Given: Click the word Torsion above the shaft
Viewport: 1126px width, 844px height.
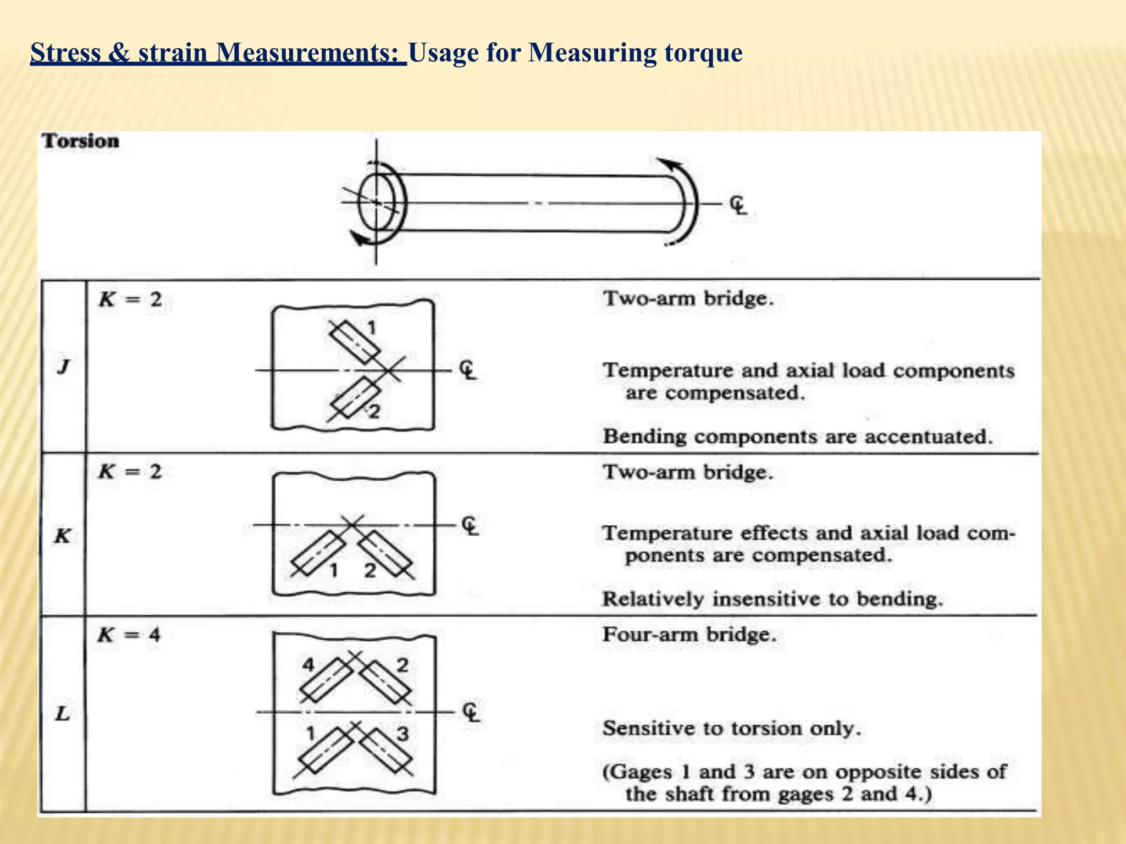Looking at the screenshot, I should click(x=81, y=141).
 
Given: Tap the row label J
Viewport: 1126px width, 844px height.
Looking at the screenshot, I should click(x=63, y=367).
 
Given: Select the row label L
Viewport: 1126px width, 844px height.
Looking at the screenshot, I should click(x=63, y=714).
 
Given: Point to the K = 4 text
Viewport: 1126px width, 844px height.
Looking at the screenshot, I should click(x=129, y=635).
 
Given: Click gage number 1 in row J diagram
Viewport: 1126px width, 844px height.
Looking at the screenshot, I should click(x=372, y=328).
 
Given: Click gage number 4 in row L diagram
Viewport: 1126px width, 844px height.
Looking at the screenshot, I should click(x=308, y=665).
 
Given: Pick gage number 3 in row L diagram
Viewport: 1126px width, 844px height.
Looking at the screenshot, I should click(x=403, y=734).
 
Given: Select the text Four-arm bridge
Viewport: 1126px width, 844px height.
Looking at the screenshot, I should click(x=689, y=635).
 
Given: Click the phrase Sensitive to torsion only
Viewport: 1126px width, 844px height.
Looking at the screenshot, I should click(x=732, y=729).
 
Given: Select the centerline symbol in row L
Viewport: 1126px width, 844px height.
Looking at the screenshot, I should click(x=471, y=713).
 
